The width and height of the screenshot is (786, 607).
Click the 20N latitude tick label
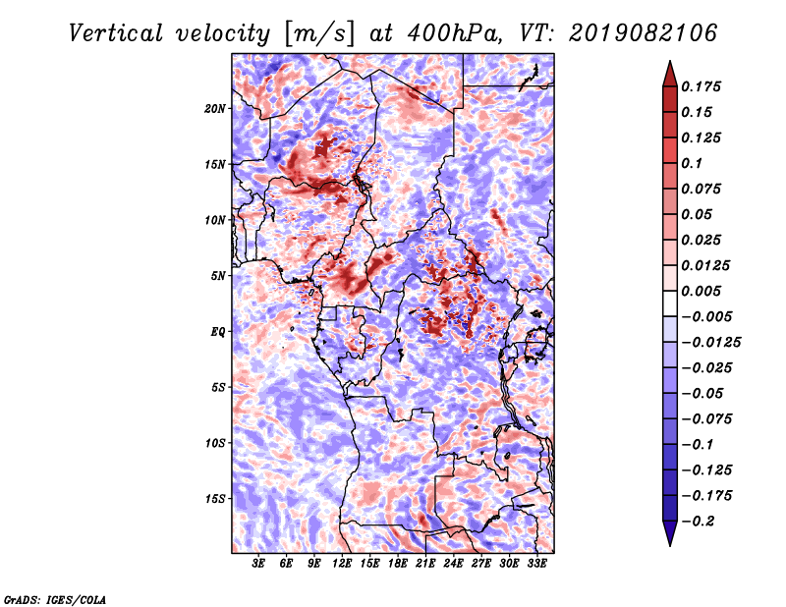215,109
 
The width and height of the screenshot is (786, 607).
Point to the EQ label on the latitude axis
218,332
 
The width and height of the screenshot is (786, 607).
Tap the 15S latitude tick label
215,499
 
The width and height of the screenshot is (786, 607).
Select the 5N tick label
218,276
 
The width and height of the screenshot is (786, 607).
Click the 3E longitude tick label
258,564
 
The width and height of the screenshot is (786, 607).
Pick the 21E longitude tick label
425,564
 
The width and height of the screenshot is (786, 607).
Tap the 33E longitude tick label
536,564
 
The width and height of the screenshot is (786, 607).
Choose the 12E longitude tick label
342,564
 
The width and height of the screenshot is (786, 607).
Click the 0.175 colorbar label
701,86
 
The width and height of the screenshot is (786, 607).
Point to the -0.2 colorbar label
698,522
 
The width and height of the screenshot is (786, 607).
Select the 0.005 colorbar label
701,291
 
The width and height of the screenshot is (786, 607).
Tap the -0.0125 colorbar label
710,343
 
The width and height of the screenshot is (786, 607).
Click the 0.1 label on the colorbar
692,163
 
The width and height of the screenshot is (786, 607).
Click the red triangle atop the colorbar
670,75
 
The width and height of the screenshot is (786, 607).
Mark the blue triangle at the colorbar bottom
670,533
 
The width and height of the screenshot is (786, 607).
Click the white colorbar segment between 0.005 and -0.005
670,303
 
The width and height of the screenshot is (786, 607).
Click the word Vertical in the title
116,33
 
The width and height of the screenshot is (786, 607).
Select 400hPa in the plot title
455,33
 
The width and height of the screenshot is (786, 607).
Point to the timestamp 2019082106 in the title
644,33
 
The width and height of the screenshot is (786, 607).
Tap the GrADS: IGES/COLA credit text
55,599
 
